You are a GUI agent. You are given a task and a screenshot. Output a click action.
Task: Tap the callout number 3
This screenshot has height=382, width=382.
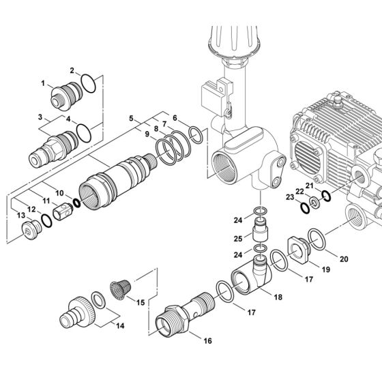click(x=61, y=117)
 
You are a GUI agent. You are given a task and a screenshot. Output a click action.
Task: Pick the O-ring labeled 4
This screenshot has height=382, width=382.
click(x=82, y=130)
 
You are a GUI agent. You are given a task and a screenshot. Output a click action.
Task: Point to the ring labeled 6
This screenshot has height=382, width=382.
click(x=196, y=134)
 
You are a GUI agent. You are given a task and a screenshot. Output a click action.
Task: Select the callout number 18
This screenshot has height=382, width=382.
click(x=258, y=297)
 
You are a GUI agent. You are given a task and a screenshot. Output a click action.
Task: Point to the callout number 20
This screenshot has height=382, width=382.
click(x=344, y=259)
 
